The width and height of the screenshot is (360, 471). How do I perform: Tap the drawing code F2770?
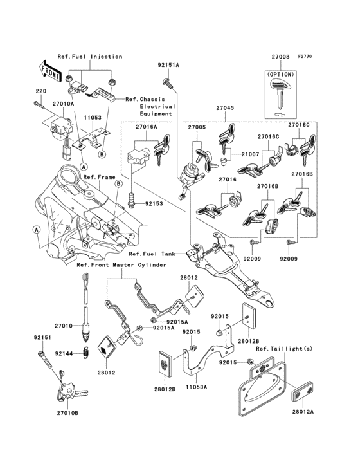coord(305,57)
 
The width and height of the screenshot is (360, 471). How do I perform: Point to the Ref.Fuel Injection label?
coord(89,57)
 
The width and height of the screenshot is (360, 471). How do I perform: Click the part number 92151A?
coord(168,66)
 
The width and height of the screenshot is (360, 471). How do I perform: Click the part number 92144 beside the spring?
coord(64,353)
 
